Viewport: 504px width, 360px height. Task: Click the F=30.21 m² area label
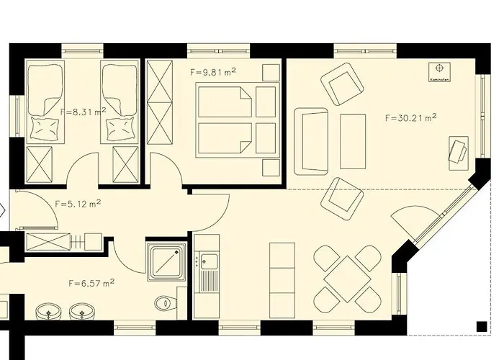pyautogui.click(x=412, y=117)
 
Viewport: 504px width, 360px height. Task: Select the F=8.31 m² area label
pyautogui.click(x=84, y=112)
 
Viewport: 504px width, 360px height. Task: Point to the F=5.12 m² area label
pyautogui.click(x=78, y=204)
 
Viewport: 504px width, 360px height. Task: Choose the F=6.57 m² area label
pyautogui.click(x=91, y=283)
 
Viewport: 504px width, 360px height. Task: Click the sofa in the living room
pyautogui.click(x=310, y=141)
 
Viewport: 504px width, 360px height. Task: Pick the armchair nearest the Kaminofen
pyautogui.click(x=341, y=82)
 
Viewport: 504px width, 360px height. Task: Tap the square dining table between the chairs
pyautogui.click(x=349, y=275)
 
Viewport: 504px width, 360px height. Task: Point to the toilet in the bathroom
pyautogui.click(x=165, y=305)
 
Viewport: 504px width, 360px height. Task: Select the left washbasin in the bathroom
pyautogui.click(x=48, y=312)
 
